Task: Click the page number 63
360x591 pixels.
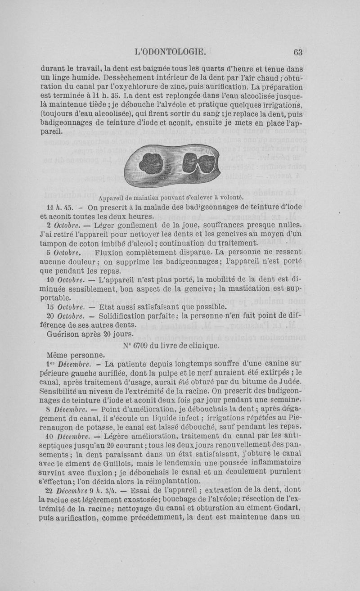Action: coord(297,52)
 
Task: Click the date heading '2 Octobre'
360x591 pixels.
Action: coord(63,225)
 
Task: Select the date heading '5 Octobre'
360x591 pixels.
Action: coord(63,253)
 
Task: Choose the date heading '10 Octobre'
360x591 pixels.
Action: coord(65,280)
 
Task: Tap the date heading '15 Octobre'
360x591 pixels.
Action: coord(65,307)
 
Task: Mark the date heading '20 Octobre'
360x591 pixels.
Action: coord(65,316)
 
